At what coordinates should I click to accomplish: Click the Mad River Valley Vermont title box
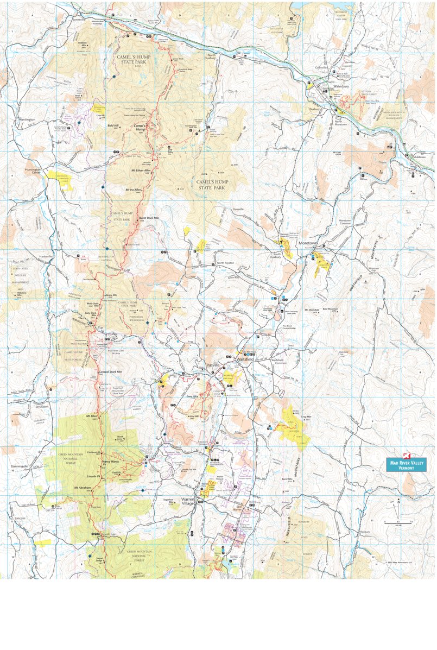pyautogui.click(x=406, y=464)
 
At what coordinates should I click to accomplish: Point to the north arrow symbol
pyautogui.click(x=398, y=502)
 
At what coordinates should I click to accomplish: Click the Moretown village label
pyautogui.click(x=308, y=243)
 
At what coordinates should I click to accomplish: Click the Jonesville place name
pyautogui.click(x=78, y=18)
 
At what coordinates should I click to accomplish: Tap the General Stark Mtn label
pyautogui.click(x=111, y=372)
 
